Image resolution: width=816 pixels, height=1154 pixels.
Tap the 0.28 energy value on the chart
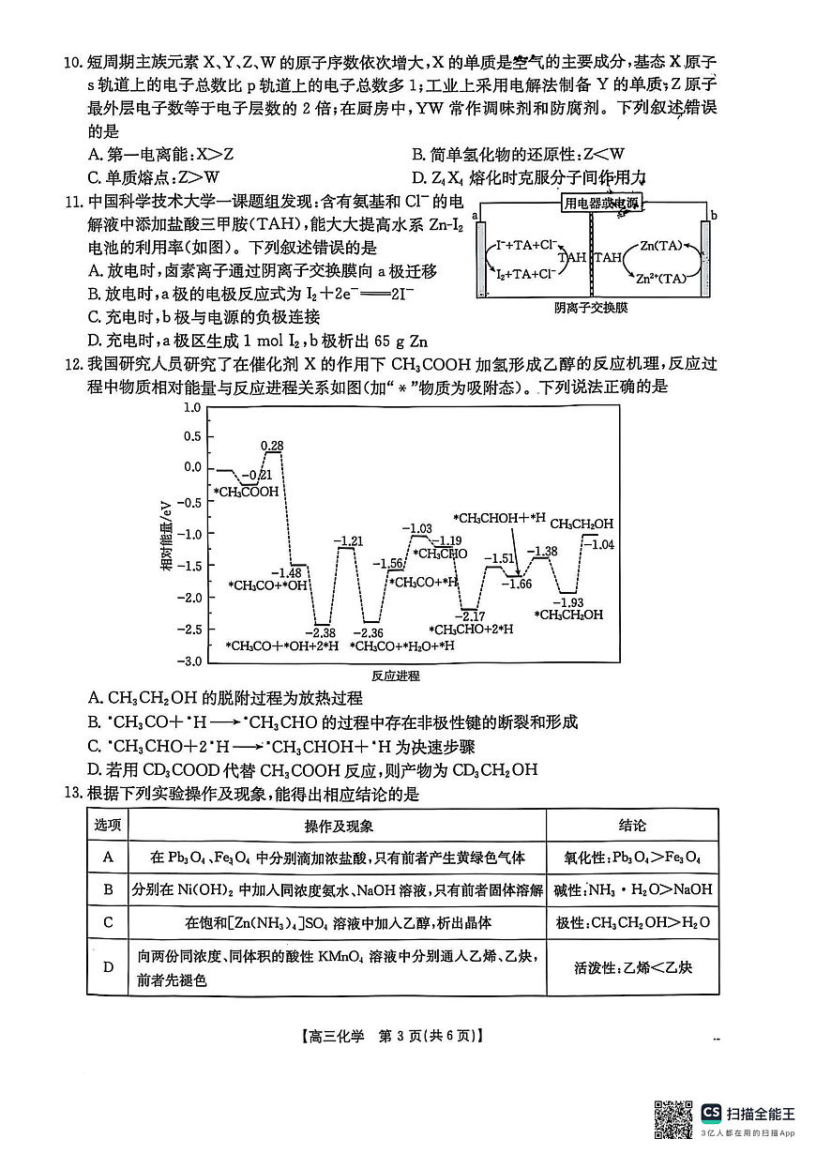pos(272,445)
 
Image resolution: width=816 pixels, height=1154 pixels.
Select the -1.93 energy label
pos(568,601)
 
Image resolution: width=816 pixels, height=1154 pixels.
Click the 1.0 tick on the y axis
pos(191,408)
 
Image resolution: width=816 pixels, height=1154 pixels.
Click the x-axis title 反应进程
pos(395,676)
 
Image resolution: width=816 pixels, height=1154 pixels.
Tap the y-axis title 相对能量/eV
pos(166,535)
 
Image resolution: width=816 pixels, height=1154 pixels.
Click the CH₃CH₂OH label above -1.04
pos(582,524)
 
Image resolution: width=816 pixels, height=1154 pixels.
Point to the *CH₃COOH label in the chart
pos(246,492)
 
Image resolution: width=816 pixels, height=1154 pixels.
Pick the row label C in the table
pos(108,921)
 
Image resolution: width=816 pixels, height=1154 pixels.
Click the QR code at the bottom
pos(673,1119)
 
